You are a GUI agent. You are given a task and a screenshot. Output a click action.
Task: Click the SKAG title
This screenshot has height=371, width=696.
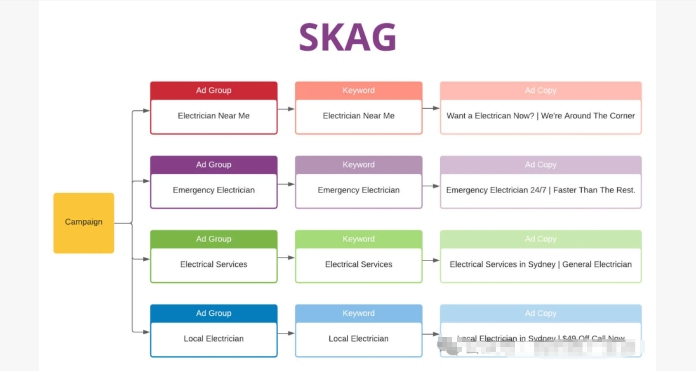click(x=347, y=37)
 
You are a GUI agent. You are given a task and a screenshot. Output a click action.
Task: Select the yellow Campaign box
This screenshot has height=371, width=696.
click(x=84, y=222)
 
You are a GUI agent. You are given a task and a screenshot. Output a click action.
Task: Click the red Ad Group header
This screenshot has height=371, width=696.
click(x=214, y=91)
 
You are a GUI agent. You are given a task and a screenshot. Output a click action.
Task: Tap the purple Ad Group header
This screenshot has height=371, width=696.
click(x=214, y=165)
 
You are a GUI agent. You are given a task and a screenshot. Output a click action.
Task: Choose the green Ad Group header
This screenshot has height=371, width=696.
click(x=214, y=239)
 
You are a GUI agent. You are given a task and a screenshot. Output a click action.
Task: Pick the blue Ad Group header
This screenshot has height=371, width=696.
click(x=214, y=313)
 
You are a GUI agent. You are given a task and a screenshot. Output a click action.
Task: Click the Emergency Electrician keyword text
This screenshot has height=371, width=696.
click(x=359, y=190)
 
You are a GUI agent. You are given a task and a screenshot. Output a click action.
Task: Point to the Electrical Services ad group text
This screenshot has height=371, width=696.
click(x=214, y=265)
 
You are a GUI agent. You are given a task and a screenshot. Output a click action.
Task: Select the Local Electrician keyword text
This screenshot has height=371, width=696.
click(x=359, y=339)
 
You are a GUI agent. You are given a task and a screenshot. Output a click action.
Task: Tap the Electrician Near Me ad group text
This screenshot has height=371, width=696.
click(x=214, y=116)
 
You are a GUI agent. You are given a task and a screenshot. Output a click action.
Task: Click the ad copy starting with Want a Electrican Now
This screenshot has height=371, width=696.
click(x=540, y=116)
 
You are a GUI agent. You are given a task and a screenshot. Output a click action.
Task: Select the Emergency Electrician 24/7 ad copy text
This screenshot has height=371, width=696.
click(x=540, y=190)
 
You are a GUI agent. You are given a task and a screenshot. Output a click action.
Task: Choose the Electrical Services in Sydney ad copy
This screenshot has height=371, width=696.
click(x=540, y=265)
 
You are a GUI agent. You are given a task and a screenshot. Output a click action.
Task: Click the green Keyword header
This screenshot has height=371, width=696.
click(x=359, y=239)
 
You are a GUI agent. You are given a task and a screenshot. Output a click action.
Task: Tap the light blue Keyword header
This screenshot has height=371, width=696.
click(x=359, y=313)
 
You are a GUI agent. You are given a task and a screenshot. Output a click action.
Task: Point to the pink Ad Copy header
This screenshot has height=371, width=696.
click(x=540, y=91)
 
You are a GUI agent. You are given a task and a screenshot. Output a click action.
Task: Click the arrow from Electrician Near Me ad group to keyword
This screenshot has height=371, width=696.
click(x=286, y=109)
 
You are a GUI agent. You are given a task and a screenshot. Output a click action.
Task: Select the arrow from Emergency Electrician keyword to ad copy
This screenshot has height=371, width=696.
click(x=431, y=186)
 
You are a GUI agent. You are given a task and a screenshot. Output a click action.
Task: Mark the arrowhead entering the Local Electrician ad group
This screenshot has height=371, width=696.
click(x=146, y=332)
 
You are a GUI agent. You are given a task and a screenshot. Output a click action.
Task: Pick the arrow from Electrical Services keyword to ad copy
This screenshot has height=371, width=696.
click(x=431, y=260)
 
